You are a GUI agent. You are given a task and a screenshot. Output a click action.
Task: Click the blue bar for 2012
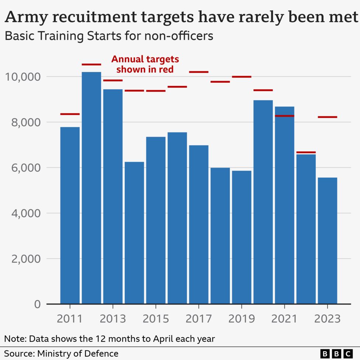(x=91, y=188)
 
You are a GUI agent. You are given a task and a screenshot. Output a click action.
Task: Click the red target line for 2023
(x=327, y=117)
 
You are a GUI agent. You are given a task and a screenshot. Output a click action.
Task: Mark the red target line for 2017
(x=198, y=72)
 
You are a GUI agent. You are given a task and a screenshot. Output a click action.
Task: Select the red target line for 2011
(x=70, y=114)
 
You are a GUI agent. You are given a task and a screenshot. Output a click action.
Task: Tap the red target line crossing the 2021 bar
(x=284, y=116)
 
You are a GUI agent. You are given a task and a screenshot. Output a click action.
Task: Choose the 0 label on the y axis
(x=37, y=304)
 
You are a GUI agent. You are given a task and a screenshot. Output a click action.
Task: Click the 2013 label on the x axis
(x=112, y=318)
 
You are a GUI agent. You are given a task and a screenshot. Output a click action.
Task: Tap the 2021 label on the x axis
(x=284, y=318)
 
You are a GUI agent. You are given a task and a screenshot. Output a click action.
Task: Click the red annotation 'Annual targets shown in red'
(x=145, y=64)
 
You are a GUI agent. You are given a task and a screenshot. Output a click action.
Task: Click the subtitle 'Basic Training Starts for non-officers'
(x=108, y=36)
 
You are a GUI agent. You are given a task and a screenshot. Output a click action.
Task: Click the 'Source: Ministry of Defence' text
(x=61, y=353)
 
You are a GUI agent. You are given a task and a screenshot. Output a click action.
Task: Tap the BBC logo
(x=336, y=353)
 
